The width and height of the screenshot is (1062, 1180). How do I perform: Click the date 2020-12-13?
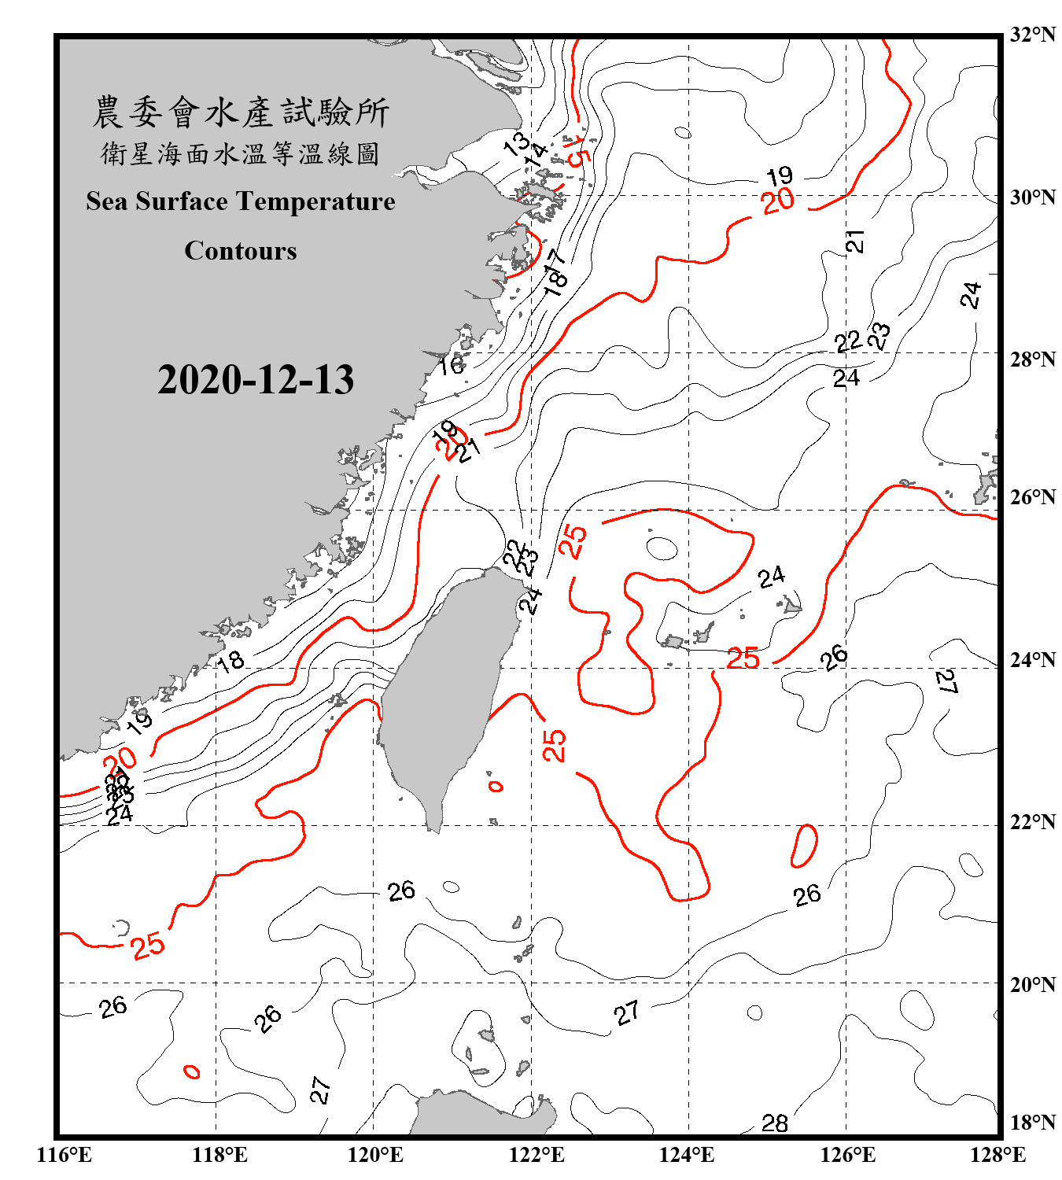[x=256, y=380]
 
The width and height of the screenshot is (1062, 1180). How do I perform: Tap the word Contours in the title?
[x=241, y=251]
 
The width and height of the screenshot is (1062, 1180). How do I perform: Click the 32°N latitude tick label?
[x=1032, y=34]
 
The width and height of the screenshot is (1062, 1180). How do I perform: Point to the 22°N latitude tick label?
[x=1032, y=822]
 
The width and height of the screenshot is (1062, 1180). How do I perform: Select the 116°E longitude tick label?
[x=65, y=1155]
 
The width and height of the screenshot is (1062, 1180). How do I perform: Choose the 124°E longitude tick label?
[x=687, y=1155]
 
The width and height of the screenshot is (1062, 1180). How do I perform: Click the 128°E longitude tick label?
[x=997, y=1155]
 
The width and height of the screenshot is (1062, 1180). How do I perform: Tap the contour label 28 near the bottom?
[x=774, y=1123]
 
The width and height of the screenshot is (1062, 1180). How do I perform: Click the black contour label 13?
[x=517, y=143]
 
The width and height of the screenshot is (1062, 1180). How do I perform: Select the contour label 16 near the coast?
[x=451, y=365]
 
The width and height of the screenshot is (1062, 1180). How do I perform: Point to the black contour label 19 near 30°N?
[x=780, y=175]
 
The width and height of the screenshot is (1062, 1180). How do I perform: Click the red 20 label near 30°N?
[x=778, y=201]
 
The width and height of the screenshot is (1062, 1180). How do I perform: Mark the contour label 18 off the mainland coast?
[x=230, y=662]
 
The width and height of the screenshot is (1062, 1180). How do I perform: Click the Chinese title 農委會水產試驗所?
[x=241, y=112]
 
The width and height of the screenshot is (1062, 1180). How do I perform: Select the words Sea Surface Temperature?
[x=241, y=201]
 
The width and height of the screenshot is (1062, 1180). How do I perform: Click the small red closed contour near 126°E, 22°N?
[x=804, y=846]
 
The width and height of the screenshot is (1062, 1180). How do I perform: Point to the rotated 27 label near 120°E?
[x=320, y=1090]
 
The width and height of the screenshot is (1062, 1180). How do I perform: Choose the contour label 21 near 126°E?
[x=855, y=242]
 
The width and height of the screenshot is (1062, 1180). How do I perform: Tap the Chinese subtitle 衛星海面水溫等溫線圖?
[x=241, y=154]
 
